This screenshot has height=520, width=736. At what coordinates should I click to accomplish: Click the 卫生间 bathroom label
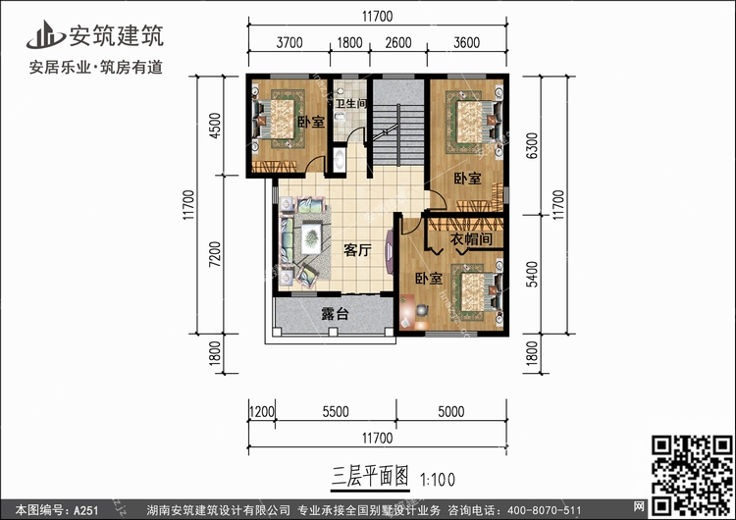350,103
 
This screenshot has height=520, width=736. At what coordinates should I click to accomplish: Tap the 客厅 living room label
357,250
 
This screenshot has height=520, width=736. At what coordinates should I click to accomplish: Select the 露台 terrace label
336,314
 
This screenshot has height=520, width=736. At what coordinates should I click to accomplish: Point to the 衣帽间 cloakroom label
471,239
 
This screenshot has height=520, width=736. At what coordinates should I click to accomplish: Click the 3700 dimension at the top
289,43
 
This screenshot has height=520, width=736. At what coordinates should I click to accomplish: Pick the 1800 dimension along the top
349,43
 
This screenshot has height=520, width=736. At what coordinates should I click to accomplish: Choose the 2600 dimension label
398,43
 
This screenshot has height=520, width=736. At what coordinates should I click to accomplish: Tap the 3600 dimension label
466,43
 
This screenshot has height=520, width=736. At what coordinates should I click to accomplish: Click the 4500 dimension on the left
215,126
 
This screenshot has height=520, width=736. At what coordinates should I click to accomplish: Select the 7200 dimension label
215,254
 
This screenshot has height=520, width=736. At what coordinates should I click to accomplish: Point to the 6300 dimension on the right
532,145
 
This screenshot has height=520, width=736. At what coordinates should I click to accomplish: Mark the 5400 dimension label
532,275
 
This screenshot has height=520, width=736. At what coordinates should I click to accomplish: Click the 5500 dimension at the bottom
336,412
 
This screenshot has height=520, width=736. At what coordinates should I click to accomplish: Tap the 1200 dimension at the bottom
261,412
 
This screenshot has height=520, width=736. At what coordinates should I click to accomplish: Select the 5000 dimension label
451,412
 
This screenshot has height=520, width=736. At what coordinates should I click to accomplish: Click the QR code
692,475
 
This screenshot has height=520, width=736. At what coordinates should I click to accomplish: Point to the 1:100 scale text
438,480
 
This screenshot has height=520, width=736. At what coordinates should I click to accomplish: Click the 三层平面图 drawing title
370,476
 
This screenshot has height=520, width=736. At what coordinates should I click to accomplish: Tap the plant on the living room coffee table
311,238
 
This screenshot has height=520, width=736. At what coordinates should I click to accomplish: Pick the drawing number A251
85,510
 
